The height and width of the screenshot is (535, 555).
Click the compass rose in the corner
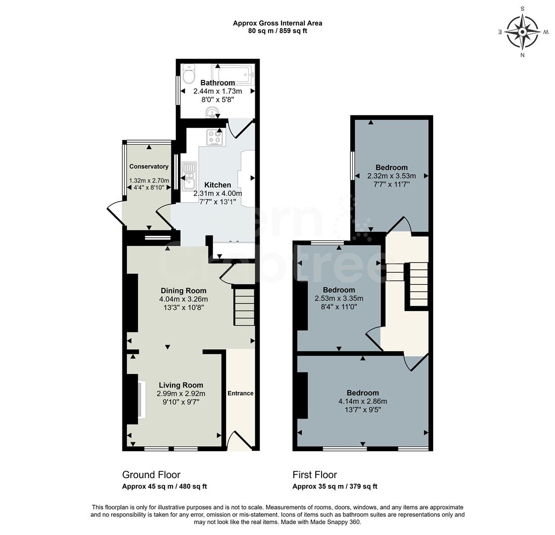tap(522, 31)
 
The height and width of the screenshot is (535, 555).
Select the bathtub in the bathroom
tap(232, 74)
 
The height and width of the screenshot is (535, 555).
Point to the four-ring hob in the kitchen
tap(215, 136)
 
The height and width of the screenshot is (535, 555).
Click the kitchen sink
tap(189, 176)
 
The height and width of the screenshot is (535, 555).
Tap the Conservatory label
tap(149, 166)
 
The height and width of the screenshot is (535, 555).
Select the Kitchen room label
tap(218, 185)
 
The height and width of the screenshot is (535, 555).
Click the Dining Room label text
tap(183, 290)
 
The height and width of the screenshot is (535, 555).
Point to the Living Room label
tap(181, 385)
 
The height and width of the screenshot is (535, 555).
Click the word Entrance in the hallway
tap(240, 393)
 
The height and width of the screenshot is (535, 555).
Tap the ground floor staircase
tap(244, 307)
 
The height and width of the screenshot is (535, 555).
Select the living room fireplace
tap(141, 399)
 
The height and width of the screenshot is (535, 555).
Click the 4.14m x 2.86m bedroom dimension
tap(363, 401)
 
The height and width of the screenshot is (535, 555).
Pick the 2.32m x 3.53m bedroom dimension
tap(391, 176)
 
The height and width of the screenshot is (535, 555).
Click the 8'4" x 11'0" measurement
tap(339, 307)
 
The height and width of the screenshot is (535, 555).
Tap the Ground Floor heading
tap(151, 475)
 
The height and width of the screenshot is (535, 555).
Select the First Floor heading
tap(315, 475)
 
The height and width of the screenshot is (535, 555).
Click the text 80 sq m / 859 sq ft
tap(277, 31)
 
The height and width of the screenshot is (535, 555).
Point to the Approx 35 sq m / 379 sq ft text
tap(334, 486)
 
